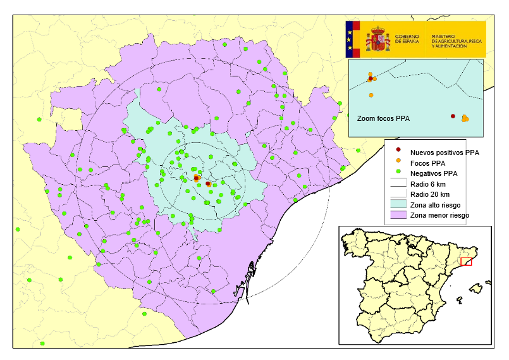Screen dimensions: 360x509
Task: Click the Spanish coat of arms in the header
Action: [379, 39]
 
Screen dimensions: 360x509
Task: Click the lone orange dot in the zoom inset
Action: [371, 95]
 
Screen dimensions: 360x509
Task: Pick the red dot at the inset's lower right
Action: [453, 116]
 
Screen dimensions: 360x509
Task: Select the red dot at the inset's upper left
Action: [370, 79]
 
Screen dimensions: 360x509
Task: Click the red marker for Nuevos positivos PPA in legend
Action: [398, 152]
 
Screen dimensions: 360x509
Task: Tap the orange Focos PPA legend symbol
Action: [398, 163]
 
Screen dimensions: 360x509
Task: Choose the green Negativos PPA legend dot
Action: [398, 173]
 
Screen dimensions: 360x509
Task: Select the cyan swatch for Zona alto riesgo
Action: [398, 205]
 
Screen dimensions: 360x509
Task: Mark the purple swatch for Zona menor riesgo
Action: [398, 216]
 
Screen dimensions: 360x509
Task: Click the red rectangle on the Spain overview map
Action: [466, 261]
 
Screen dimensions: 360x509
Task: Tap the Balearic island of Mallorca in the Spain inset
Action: [475, 288]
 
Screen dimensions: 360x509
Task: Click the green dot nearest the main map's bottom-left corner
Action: [42, 344]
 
